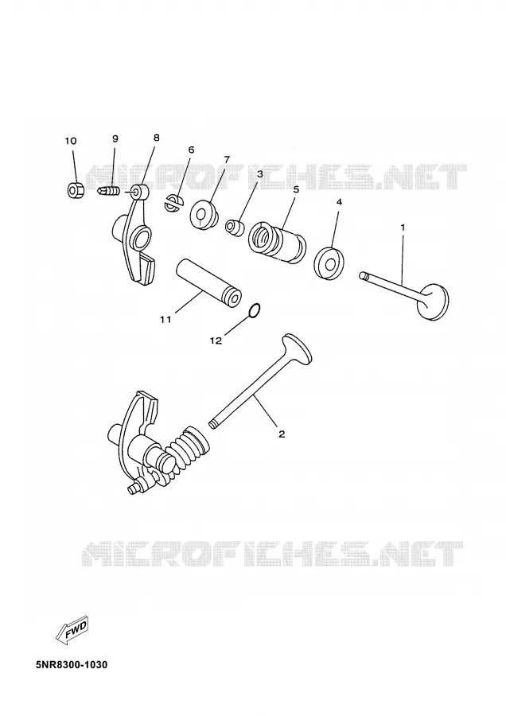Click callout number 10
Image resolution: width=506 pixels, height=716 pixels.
[x=71, y=141]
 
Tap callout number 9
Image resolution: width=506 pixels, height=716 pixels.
[x=115, y=138]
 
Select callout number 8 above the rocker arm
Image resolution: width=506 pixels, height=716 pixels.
[x=156, y=137]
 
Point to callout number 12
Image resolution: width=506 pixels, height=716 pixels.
[x=216, y=340]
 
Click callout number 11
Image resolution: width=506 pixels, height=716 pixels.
[x=165, y=319]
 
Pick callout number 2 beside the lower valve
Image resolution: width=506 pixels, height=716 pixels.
[x=282, y=434]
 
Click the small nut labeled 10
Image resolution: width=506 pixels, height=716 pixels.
[x=76, y=189]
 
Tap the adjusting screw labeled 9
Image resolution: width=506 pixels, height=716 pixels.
[x=109, y=189]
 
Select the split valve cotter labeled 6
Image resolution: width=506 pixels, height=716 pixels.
[x=173, y=204]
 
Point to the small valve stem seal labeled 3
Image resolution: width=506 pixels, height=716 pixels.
[x=235, y=228]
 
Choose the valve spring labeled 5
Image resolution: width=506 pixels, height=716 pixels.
[x=277, y=242]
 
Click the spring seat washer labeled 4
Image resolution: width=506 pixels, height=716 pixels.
[x=329, y=263]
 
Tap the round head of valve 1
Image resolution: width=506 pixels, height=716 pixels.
[x=433, y=302]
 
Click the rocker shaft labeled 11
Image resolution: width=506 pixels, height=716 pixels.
[x=208, y=283]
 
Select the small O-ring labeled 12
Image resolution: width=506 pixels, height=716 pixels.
[x=255, y=310]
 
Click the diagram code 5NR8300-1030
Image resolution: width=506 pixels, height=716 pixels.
[x=72, y=664]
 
